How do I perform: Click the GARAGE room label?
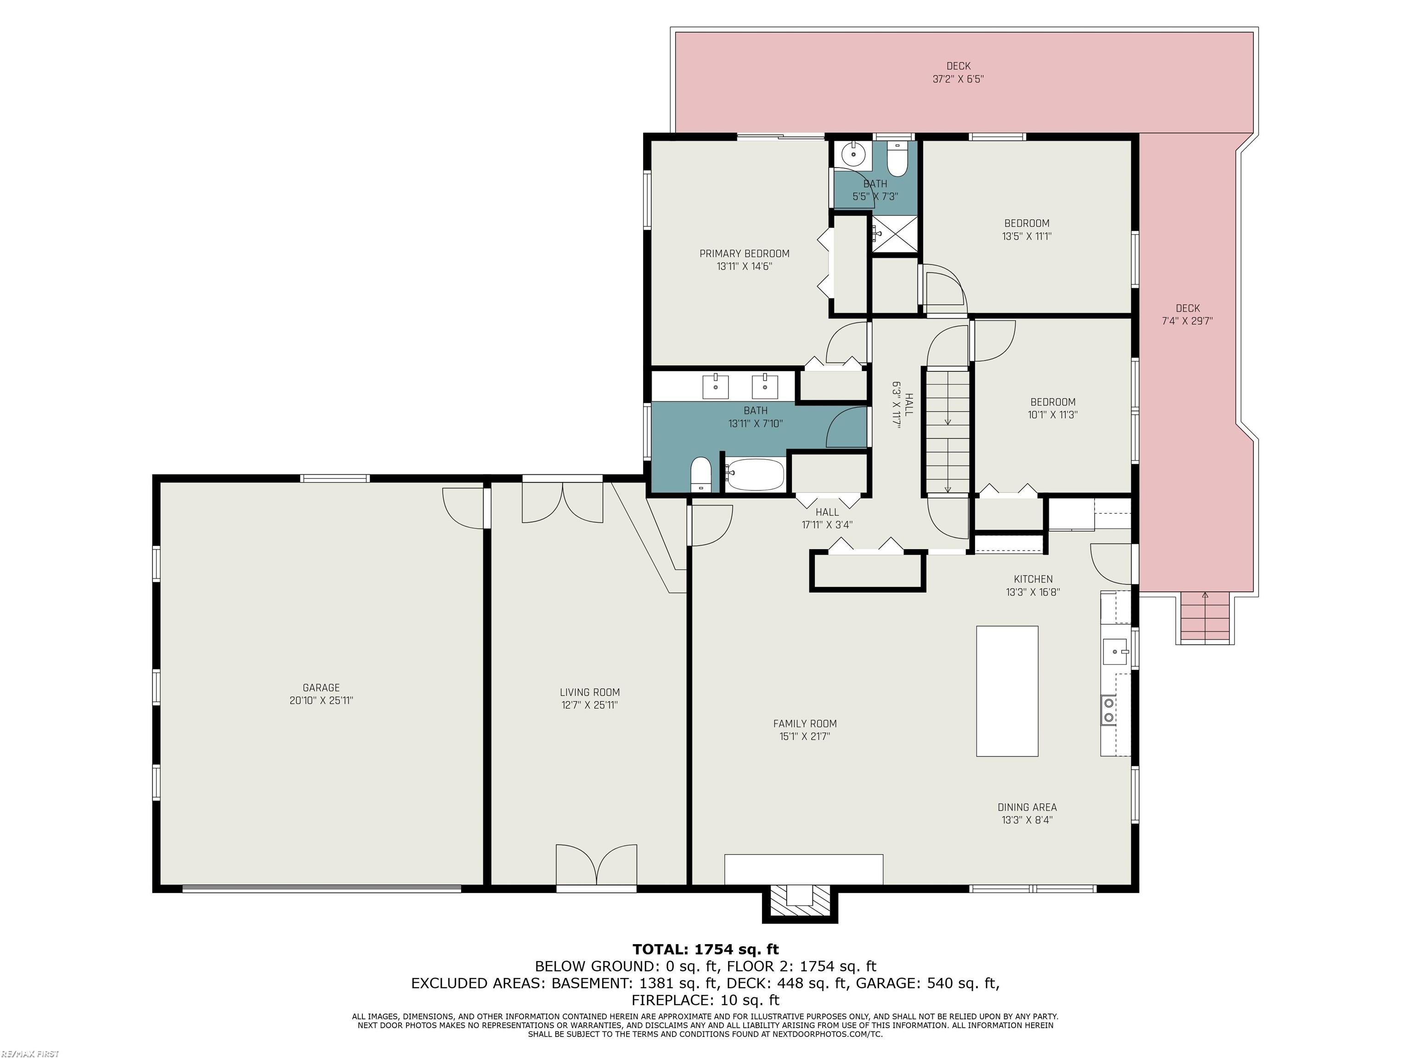click(x=321, y=687)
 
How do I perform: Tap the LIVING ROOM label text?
click(x=589, y=692)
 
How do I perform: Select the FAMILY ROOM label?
click(x=804, y=723)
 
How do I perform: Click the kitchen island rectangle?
click(x=1007, y=691)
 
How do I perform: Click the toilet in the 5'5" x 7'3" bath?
click(x=896, y=160)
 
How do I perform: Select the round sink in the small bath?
click(x=853, y=154)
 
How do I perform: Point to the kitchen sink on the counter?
click(x=1116, y=651)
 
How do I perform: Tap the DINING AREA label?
click(x=1027, y=807)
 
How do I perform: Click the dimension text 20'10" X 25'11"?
click(x=321, y=700)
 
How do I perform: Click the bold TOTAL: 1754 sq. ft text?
click(x=705, y=950)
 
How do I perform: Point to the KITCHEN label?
click(x=1033, y=579)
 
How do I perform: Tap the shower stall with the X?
click(x=895, y=235)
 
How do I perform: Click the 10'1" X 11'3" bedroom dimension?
click(x=1053, y=415)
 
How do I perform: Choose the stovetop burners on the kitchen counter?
click(x=1109, y=710)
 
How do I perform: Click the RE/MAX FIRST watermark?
click(x=30, y=1053)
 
